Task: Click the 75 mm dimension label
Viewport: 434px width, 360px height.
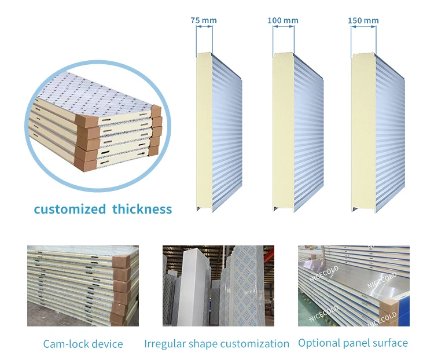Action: (204, 21)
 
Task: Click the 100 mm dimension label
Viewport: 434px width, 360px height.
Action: (283, 21)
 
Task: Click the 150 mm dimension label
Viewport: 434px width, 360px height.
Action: (363, 21)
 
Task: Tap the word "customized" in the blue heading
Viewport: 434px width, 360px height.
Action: (69, 210)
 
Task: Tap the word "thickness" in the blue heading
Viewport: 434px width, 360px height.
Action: (142, 210)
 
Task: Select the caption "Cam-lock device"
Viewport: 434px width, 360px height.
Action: (83, 344)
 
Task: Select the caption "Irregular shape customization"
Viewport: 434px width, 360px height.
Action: (216, 344)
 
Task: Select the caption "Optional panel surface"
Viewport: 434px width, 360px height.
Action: (353, 343)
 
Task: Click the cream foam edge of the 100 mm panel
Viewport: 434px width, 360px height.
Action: (282, 133)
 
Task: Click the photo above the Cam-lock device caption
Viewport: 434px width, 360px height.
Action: (83, 286)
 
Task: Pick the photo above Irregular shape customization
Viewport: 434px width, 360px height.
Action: (218, 286)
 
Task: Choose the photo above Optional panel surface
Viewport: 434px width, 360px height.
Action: (354, 286)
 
